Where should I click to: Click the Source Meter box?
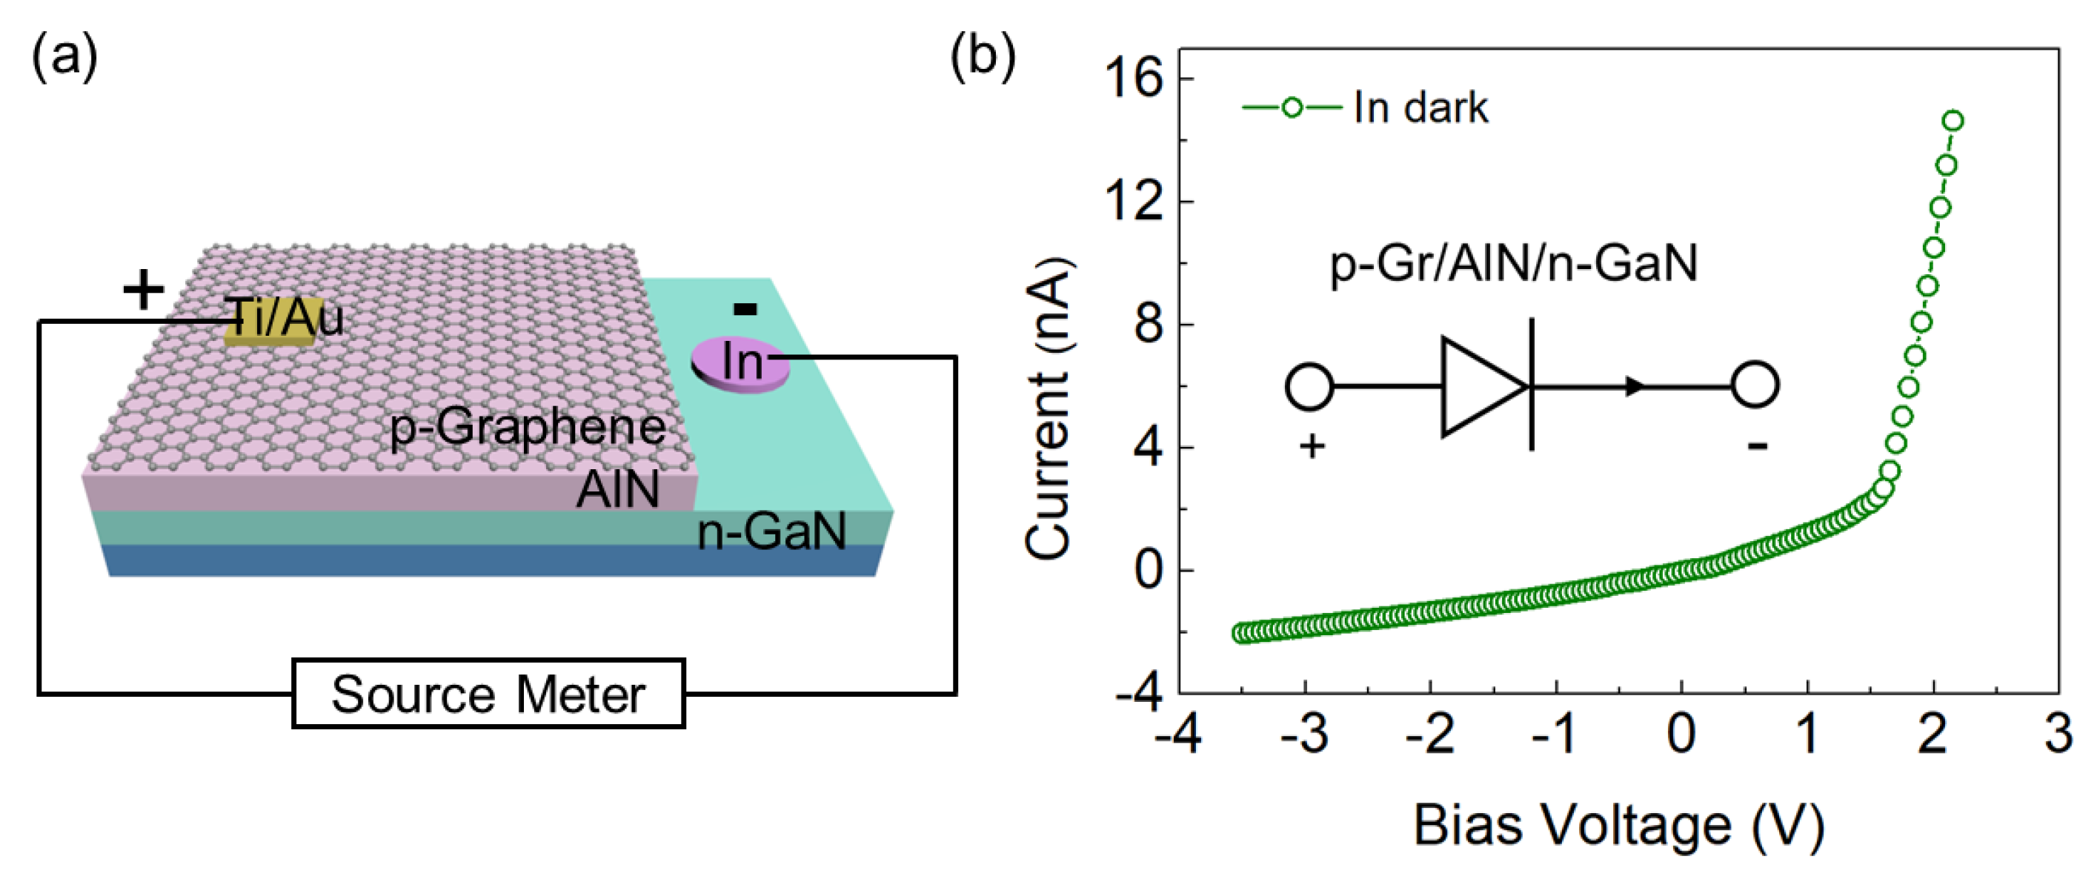tap(488, 694)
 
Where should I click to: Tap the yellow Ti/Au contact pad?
tap(269, 325)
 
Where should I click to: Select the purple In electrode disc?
tap(740, 363)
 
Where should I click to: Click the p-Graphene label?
tap(528, 428)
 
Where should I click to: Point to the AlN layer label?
tap(618, 489)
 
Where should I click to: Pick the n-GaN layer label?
tap(771, 531)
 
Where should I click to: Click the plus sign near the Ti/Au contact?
tap(143, 290)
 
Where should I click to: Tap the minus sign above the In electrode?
tap(745, 308)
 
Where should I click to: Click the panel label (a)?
tap(64, 58)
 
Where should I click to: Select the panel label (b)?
tap(983, 58)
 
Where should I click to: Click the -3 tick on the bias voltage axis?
tap(1304, 734)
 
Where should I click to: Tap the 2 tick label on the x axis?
tap(1933, 734)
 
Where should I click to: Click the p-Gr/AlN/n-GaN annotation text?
tap(1513, 264)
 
